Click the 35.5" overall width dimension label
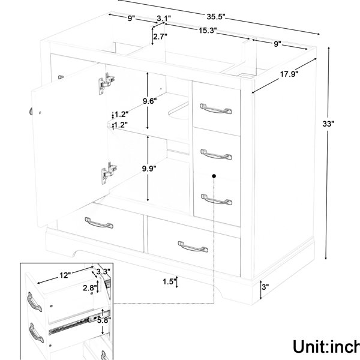[x=216, y=17]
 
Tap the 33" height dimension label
[x=328, y=124]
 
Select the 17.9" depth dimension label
[x=289, y=74]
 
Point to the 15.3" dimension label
[x=208, y=31]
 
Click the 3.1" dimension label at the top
[x=164, y=18]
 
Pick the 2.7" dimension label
[x=160, y=36]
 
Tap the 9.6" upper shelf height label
[x=149, y=101]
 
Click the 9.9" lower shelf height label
[x=149, y=169]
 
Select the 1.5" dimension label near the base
[x=169, y=281]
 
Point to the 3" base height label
[x=265, y=287]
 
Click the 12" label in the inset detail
[x=65, y=275]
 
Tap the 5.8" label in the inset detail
[x=104, y=320]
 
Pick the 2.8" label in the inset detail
[x=90, y=288]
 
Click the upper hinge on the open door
[x=107, y=83]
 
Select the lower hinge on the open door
[x=109, y=172]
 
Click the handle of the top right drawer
[x=216, y=109]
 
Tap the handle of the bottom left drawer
[x=99, y=223]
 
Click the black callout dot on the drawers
[x=214, y=176]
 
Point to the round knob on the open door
[x=31, y=111]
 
